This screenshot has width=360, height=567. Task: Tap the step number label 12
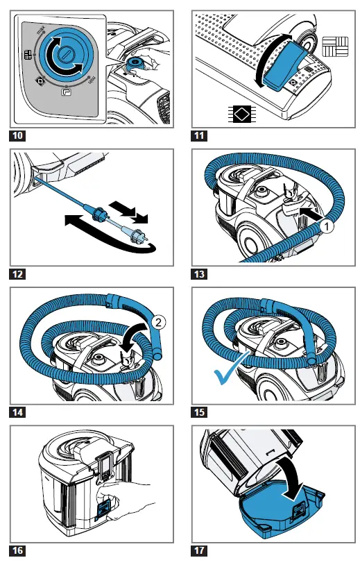[x=18, y=273]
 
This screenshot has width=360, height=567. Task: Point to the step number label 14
[x=18, y=412]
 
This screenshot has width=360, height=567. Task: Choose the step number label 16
[x=18, y=551]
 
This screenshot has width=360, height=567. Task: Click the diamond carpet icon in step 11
[x=241, y=113]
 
